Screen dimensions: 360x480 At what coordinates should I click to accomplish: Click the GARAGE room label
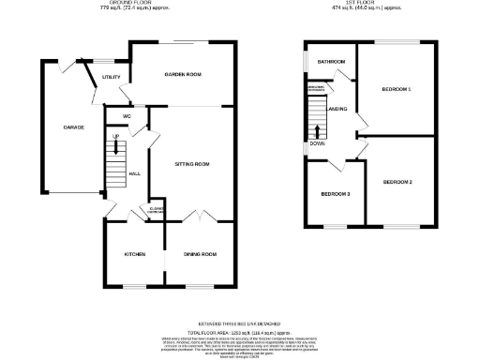[x=73, y=127]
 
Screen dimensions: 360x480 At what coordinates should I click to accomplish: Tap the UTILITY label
[x=112, y=76]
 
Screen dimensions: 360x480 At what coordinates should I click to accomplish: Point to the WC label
[x=125, y=116]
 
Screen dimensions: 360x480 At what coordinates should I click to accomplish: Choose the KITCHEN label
[x=135, y=254]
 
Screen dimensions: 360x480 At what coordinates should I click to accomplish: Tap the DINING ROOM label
[x=200, y=254]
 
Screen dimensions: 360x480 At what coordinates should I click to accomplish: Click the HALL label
[x=134, y=173]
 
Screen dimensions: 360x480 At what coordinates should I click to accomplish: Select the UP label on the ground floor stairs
[x=115, y=137]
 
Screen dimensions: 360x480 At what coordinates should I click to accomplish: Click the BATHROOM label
[x=331, y=62]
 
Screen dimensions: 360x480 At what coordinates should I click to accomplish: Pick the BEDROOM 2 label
[x=397, y=181]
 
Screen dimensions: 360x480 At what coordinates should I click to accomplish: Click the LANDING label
[x=337, y=110]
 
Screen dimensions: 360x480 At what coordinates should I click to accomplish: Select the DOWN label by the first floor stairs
[x=318, y=144]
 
